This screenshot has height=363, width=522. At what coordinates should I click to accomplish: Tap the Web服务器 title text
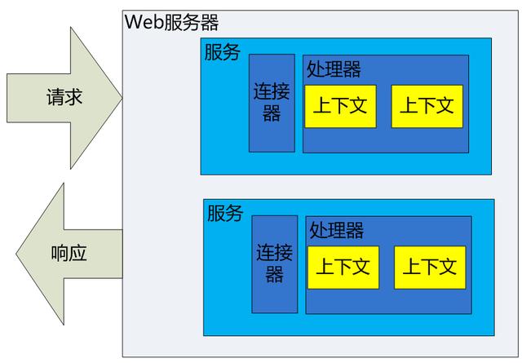coord(172,22)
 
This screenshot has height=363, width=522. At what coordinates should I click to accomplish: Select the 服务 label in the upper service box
coord(222,52)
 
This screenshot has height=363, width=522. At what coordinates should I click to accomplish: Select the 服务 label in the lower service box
coord(224,214)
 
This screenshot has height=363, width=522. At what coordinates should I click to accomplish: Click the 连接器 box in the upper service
coord(272,103)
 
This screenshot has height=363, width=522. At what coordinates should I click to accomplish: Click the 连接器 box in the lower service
coord(274,264)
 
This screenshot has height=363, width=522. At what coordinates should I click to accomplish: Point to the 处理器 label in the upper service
coord(334,69)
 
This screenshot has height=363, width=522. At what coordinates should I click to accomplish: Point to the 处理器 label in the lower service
coord(337,230)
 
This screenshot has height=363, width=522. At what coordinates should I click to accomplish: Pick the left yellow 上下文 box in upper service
coord(340,105)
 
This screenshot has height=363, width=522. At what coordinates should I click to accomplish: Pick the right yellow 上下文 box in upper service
coord(427,105)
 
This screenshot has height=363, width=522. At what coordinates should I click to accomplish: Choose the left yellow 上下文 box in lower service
coord(343,267)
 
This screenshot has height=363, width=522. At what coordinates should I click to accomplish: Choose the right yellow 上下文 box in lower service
coord(430,267)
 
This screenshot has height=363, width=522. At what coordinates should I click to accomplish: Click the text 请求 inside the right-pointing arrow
coord(64,98)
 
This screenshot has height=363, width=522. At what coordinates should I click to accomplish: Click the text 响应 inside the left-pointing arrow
coord(68,253)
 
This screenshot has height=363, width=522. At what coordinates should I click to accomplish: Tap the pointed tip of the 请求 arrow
coord(121,98)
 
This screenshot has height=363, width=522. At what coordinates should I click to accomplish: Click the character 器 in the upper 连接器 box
coord(272,113)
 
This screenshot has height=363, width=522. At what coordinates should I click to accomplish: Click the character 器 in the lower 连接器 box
coord(274,275)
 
